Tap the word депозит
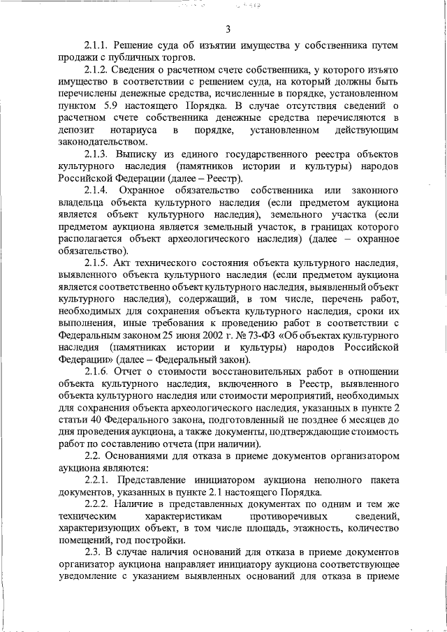(x=76, y=130)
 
